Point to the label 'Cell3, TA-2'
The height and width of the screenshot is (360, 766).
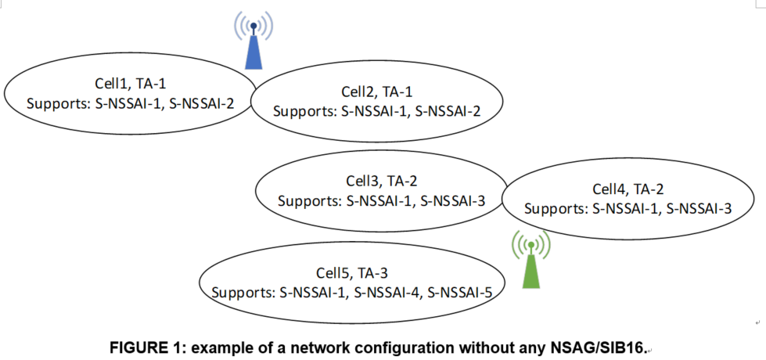[382, 182]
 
